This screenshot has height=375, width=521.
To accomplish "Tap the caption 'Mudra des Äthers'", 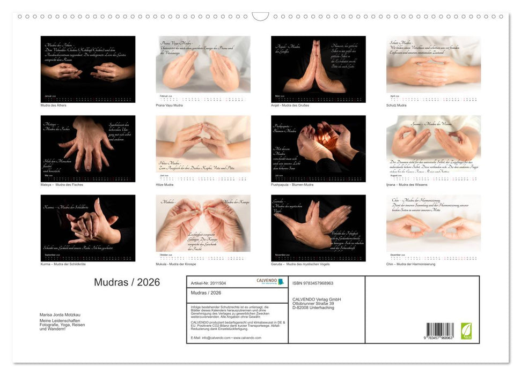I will tap(54, 105).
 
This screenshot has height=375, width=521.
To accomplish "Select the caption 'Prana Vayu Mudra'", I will tap(169, 105).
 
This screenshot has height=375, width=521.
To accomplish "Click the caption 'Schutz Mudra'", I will tap(397, 105).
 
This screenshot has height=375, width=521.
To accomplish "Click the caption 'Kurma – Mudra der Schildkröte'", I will tap(63, 264).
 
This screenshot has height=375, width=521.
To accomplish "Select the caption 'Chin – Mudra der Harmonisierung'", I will tap(410, 264).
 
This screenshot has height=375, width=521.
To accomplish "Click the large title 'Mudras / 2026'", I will tap(127, 282).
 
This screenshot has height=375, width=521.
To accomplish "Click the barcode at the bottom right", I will tap(439, 330).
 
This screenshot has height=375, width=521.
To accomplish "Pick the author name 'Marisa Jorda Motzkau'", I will tap(60, 315).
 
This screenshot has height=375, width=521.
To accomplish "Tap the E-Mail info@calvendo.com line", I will tap(226, 338).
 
